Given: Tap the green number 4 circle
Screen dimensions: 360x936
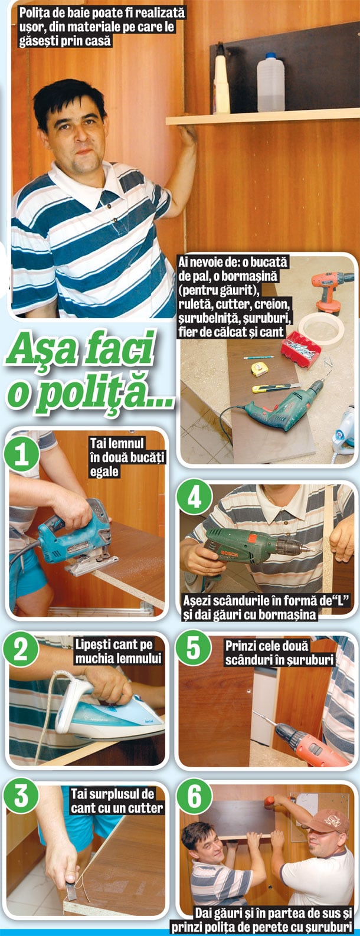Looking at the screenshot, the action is (x=194, y=498).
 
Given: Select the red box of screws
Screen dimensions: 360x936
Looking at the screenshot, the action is (x=300, y=349).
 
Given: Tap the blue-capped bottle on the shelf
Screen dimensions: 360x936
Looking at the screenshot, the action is (x=271, y=82).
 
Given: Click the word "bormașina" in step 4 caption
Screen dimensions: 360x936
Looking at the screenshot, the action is (x=287, y=615).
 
